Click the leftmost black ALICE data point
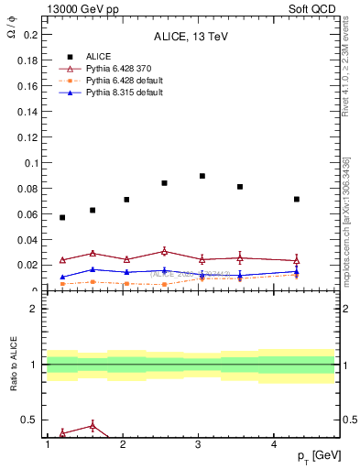(62, 217)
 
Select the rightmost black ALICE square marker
(297, 199)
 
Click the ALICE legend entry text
(99, 56)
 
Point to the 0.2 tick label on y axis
(30, 35)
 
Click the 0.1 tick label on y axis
(30, 163)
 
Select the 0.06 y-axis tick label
(27, 214)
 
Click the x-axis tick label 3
(199, 445)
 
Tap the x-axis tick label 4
(275, 445)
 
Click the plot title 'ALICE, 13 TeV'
(191, 37)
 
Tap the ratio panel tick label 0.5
(30, 420)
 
